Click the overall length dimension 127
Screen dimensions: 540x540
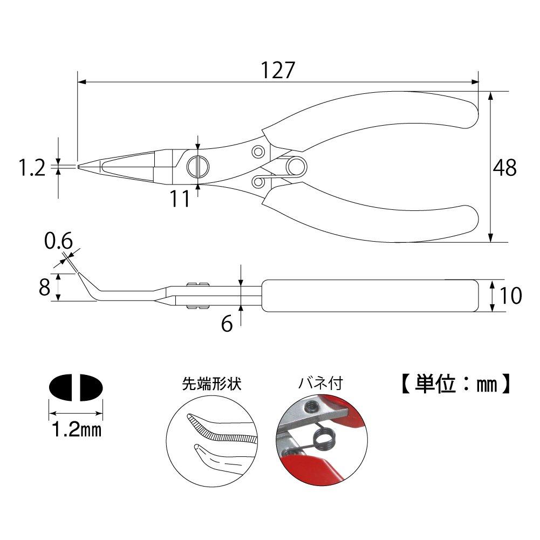coord(279,70)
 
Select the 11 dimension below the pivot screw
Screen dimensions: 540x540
coord(180,199)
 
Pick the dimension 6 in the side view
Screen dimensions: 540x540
coord(227,324)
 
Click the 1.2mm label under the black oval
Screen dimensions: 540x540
coord(76,430)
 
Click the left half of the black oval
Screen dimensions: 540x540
coord(63,387)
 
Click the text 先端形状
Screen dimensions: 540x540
coord(211,384)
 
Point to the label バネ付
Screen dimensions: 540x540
coord(321,384)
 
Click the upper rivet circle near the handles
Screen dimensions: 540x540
coord(258,150)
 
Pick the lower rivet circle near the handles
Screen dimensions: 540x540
coord(258,182)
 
